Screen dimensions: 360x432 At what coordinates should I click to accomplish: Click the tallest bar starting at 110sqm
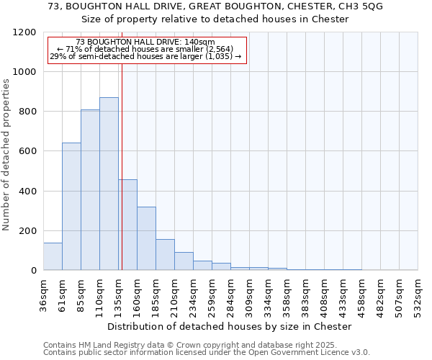pos(109,184)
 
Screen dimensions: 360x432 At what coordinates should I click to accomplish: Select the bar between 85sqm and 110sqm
pos(90,190)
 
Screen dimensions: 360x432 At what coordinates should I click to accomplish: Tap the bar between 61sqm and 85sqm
pos(71,207)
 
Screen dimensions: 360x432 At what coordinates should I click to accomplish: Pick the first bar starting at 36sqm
pos(53,256)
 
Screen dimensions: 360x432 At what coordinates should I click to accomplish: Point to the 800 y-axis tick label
pos(27,112)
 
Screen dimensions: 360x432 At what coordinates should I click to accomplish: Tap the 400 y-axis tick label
pos(27,192)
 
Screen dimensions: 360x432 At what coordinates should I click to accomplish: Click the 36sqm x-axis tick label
pos(44,295)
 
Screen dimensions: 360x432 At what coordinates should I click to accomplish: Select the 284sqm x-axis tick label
pos(231,295)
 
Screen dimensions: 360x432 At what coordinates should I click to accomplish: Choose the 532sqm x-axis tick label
pos(418,295)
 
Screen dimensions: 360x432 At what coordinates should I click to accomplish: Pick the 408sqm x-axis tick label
pos(325,295)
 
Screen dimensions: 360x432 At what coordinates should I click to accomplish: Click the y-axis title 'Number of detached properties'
pos(6,155)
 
